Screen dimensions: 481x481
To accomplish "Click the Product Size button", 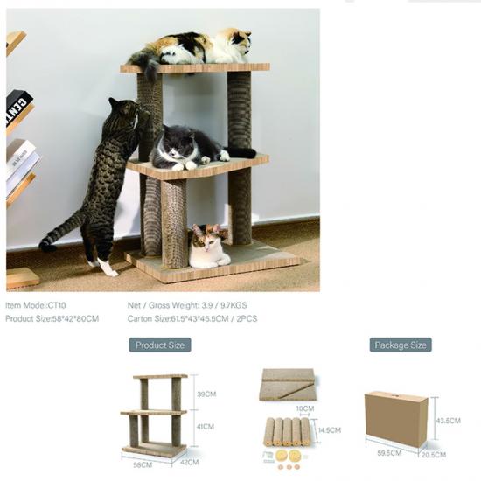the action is pos(160,345).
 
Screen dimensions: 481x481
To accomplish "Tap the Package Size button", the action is pos(401,345).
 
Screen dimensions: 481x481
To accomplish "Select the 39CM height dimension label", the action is pos(206,394).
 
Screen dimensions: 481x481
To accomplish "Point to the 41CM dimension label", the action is pos(206,427).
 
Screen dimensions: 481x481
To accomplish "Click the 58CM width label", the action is pos(143,464).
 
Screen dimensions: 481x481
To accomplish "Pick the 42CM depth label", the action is pos(189,462).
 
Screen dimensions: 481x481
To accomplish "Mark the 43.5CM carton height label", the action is pos(448,421).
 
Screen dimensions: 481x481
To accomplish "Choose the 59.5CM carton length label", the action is pos(389,453).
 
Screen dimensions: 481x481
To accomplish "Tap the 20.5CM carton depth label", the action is pos(434,455).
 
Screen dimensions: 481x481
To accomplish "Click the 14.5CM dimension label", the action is pos(330,430).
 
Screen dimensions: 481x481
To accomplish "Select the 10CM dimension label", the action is pos(305,408).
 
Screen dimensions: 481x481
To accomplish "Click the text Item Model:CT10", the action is pos(36,305).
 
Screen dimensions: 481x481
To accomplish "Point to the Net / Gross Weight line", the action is pos(187,305).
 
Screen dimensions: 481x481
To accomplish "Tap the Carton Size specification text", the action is pos(192,318).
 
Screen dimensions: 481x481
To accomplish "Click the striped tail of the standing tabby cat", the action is pos(60,231).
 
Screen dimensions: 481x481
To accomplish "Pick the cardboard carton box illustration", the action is pos(396,419).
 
